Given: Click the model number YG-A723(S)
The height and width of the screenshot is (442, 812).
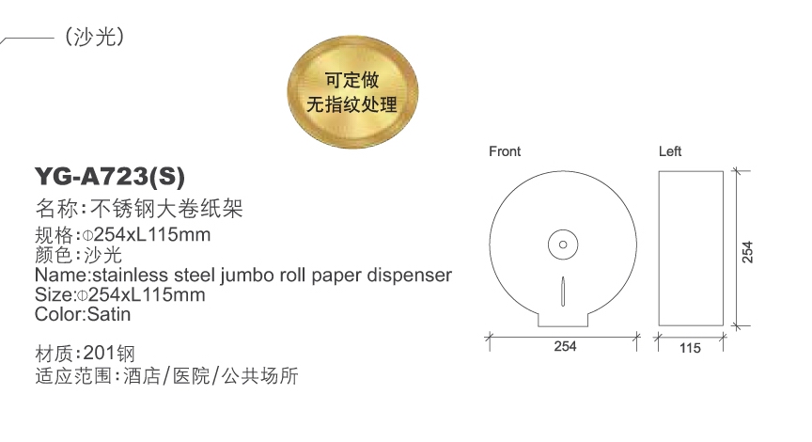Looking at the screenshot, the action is tap(110, 176).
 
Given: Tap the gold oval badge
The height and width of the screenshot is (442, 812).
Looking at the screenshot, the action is tap(352, 92).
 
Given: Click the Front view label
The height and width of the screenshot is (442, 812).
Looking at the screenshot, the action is tap(505, 151).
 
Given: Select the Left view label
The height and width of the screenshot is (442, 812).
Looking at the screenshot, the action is tap(669, 151).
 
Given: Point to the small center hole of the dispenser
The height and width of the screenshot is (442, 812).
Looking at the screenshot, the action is tap(563, 245).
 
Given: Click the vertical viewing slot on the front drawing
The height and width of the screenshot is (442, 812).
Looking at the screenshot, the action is tap(563, 292).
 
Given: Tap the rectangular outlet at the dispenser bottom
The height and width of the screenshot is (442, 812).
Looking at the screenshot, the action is tap(563, 320).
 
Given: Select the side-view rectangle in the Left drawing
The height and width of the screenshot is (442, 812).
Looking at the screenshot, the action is tap(691, 248).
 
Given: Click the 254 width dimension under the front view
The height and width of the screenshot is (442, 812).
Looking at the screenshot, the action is tap(565, 346).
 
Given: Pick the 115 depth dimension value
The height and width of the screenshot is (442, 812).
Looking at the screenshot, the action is tap(690, 348).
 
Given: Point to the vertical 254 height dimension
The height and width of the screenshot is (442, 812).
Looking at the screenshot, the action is tap(747, 252).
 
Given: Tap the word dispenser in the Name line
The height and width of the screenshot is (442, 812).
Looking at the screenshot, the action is tap(409, 276).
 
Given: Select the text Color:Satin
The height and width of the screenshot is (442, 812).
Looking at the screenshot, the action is tap(83, 314).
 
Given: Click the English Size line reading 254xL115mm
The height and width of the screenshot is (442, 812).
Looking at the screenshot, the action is tap(120, 295).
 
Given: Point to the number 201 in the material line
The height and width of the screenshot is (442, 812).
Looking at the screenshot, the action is tap(98, 353).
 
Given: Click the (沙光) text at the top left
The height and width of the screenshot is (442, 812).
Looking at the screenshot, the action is tap(94, 37).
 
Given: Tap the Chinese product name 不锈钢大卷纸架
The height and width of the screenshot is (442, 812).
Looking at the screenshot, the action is tap(166, 209).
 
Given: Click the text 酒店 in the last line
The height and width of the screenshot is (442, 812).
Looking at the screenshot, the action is tap(142, 375).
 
